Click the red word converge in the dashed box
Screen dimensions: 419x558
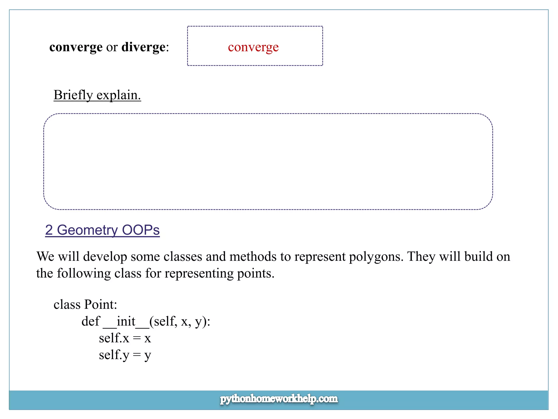(253, 47)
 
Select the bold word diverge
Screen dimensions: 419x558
(143, 47)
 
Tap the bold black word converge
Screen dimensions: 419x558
(76, 47)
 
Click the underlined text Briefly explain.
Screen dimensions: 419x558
(97, 95)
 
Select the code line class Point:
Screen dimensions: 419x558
(85, 304)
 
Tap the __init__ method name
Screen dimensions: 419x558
(126, 321)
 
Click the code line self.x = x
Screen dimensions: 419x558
(125, 338)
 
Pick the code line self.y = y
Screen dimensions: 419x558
(125, 355)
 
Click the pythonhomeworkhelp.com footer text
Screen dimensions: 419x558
(279, 399)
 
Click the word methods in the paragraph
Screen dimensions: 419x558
(253, 256)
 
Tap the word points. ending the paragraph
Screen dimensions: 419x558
(256, 273)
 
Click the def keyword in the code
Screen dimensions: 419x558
(91, 321)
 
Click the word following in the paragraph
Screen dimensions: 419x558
(84, 273)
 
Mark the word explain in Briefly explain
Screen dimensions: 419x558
(119, 95)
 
